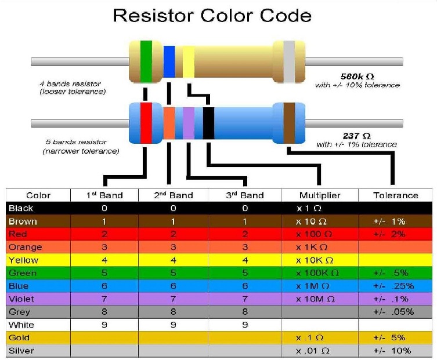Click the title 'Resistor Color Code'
(212, 16)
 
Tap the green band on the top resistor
(146, 60)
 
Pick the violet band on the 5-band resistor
(189, 122)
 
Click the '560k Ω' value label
(357, 76)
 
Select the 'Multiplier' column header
(320, 195)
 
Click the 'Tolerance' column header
(396, 195)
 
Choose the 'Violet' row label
(21, 299)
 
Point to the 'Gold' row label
(19, 337)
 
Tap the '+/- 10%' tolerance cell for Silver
(392, 351)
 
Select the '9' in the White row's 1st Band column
(104, 325)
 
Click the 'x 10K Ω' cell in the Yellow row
(315, 260)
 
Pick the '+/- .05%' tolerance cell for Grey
(393, 312)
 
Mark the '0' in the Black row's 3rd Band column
(245, 208)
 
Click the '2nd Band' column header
(174, 195)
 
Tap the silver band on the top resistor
(288, 61)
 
